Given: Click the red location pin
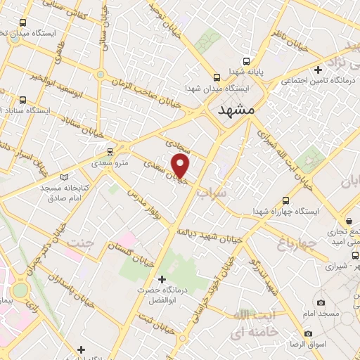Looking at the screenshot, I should [x=181, y=167].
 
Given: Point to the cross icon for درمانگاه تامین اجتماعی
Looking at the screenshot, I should [x=319, y=70].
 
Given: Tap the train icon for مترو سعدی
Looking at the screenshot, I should [x=109, y=152].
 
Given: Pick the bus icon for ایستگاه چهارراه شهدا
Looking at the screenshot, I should [x=285, y=200].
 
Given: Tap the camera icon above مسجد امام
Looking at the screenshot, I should [x=321, y=302].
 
